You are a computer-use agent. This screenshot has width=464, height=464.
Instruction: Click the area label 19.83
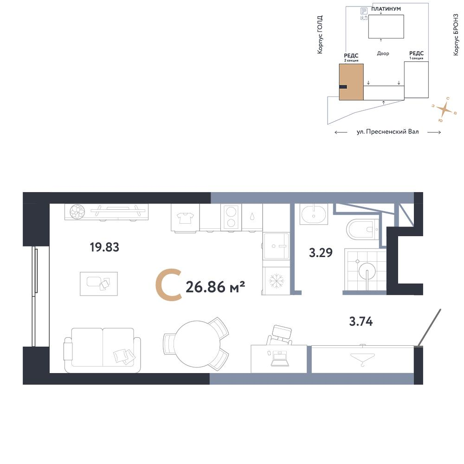click(x=104, y=247)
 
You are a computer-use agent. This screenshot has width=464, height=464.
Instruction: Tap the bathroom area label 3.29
click(x=321, y=253)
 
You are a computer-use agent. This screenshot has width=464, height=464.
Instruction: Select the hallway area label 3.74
click(x=361, y=321)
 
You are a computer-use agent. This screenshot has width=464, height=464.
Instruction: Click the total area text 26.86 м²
click(x=215, y=287)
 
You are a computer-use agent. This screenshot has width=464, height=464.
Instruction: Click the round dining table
click(x=197, y=344)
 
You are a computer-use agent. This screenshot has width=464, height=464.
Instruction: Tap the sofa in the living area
click(x=103, y=350)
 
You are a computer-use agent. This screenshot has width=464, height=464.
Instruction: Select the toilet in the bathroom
click(x=362, y=229)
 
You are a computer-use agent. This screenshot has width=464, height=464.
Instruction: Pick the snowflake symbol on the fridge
click(x=276, y=281)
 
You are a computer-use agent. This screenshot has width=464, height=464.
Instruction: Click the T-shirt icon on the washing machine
click(x=185, y=218)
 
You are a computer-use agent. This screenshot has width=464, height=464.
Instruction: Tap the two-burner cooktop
click(x=231, y=217)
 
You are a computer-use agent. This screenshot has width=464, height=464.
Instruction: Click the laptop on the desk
click(x=279, y=358)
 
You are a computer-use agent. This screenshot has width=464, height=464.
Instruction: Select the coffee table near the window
click(x=99, y=284)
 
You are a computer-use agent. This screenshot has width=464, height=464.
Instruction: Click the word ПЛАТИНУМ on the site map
click(x=386, y=9)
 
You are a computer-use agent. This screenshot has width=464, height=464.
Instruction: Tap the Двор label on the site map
click(x=383, y=53)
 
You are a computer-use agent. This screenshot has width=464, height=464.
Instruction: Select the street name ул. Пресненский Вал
click(x=387, y=132)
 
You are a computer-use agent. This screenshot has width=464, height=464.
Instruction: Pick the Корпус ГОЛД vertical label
click(x=320, y=35)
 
